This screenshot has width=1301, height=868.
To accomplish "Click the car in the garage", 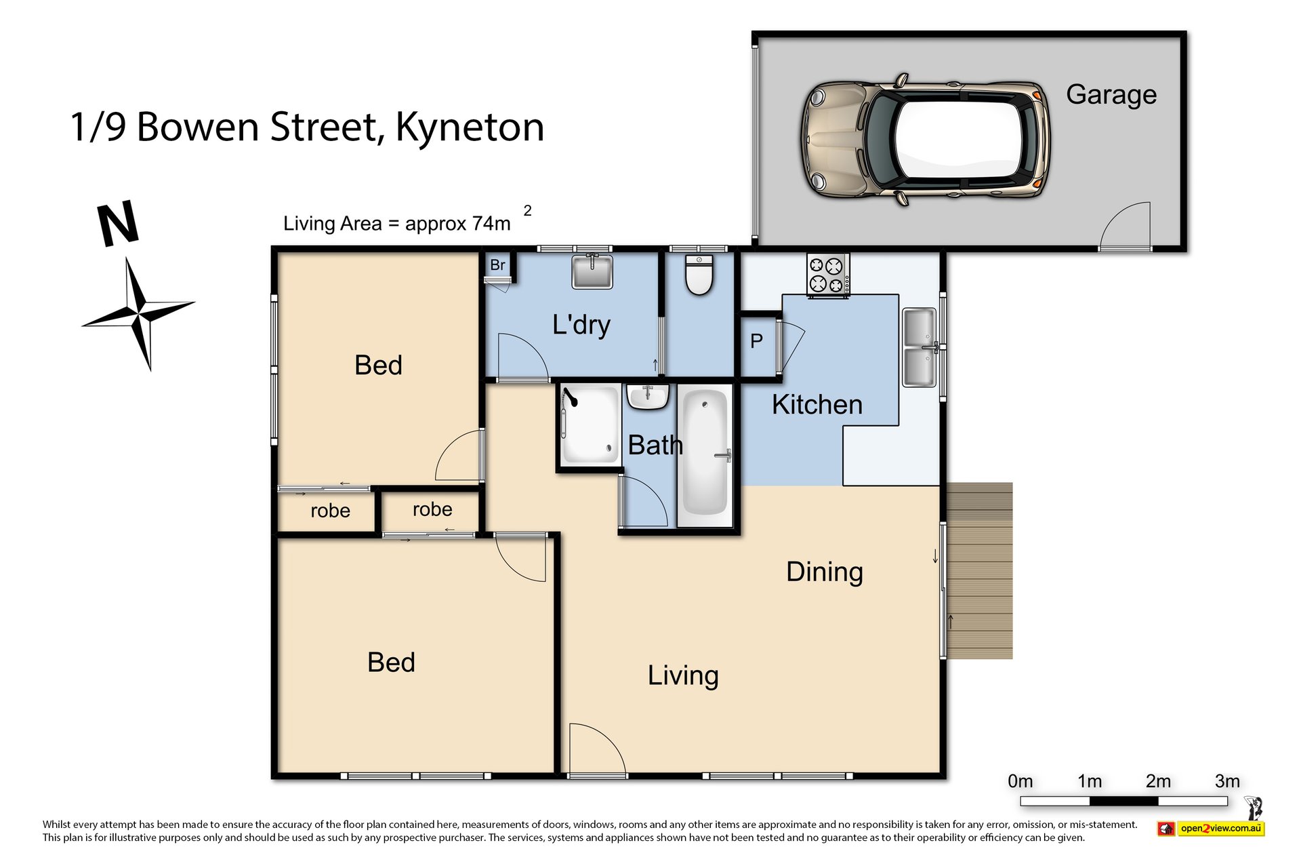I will pos(926,140).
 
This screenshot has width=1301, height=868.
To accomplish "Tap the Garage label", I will pos(1111,95).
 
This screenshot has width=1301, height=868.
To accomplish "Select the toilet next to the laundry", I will pos(699,275).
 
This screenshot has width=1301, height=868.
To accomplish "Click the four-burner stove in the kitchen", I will pos(827,275).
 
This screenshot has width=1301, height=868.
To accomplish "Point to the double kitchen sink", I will pos(919,347).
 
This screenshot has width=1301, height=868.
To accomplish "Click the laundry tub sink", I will pos(592,271).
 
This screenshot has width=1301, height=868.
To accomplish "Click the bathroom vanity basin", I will pos(648,397).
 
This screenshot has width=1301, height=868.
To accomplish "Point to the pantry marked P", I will pos(757,341).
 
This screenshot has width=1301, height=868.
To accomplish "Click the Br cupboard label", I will pos(497,265).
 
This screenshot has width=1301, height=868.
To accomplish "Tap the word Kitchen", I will pos(817,405).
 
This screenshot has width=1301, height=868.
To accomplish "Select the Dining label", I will pos(825,572).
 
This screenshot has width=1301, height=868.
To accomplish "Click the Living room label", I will pos(683,675).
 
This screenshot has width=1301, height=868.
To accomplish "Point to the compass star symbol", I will pos(139,314).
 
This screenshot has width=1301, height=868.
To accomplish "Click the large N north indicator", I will pos(119,224).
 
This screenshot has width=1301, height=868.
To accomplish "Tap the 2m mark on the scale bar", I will pos(1159,782).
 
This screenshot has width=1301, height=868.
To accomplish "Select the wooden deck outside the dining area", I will pos(979,570).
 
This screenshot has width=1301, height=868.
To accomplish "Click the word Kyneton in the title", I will pos(470,127).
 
